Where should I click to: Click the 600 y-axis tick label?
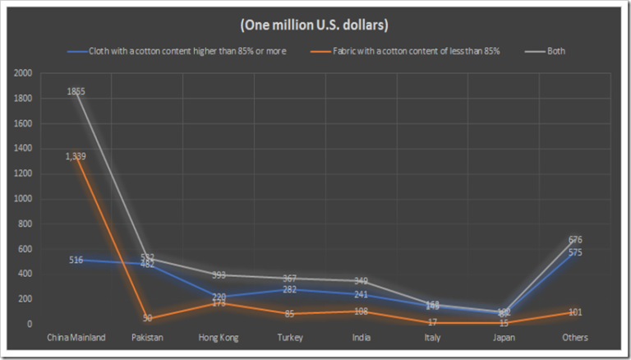(25, 249)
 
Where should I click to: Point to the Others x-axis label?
(576, 338)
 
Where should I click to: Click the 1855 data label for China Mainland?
(76, 92)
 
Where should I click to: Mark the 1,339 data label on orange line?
(76, 156)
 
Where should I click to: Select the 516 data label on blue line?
(76, 260)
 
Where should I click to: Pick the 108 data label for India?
(362, 312)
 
